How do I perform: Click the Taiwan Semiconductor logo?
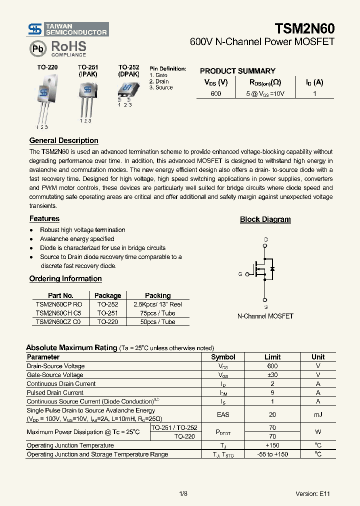coord(67,29)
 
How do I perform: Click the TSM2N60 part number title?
coord(304,28)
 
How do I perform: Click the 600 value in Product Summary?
coord(215,93)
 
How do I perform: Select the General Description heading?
coord(63,140)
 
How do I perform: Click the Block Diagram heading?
coord(265,219)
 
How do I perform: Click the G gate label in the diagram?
coord(240,274)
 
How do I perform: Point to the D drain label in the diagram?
coord(265,239)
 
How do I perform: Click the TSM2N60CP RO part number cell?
coord(59,304)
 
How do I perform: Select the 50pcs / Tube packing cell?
coord(157,322)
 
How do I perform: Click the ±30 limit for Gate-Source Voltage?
coord(272,374)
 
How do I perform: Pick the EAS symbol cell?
coord(223,414)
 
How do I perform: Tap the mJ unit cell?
coord(318,414)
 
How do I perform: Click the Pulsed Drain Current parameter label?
coord(55,392)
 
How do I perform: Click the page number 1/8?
coord(183,493)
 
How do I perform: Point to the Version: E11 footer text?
coord(312,493)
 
